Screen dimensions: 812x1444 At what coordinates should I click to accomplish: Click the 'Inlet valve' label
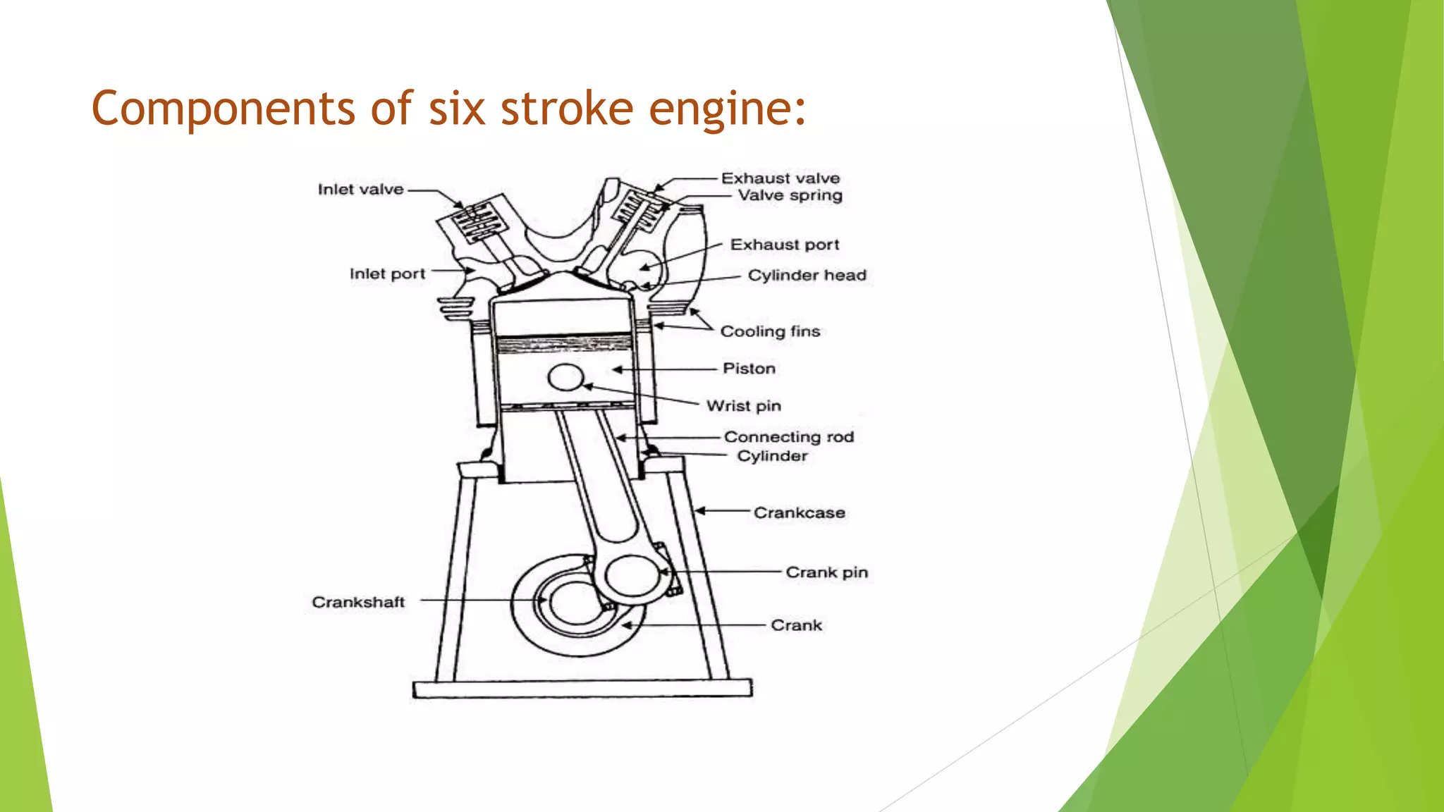(360, 190)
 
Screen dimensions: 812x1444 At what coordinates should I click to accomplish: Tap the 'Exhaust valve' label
(780, 178)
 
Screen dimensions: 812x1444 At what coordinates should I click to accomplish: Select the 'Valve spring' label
(790, 195)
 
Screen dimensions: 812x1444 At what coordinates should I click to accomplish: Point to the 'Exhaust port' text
(784, 245)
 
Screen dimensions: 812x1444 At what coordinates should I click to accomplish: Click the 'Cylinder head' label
(807, 275)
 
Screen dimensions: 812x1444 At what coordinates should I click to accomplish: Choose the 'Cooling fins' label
(770, 331)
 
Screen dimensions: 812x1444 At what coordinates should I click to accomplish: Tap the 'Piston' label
(749, 369)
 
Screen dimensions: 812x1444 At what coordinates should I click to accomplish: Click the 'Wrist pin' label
(744, 406)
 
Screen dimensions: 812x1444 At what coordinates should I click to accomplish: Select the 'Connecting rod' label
(788, 437)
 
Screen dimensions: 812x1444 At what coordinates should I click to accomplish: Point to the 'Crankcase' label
(799, 512)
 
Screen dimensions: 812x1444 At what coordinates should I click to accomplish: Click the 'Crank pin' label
(826, 572)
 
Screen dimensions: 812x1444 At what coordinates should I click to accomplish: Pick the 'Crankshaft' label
(358, 602)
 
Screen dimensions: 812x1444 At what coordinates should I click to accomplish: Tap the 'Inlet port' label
(387, 273)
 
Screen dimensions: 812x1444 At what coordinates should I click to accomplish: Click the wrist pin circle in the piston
(565, 378)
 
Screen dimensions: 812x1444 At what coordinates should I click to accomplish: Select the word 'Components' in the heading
(224, 109)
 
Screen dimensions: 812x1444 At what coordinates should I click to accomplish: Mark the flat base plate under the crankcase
(582, 689)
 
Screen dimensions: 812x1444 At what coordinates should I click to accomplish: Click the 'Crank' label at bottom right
(796, 625)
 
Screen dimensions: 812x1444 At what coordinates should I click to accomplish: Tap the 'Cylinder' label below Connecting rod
(772, 456)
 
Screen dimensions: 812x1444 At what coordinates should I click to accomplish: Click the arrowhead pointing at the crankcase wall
(700, 510)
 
